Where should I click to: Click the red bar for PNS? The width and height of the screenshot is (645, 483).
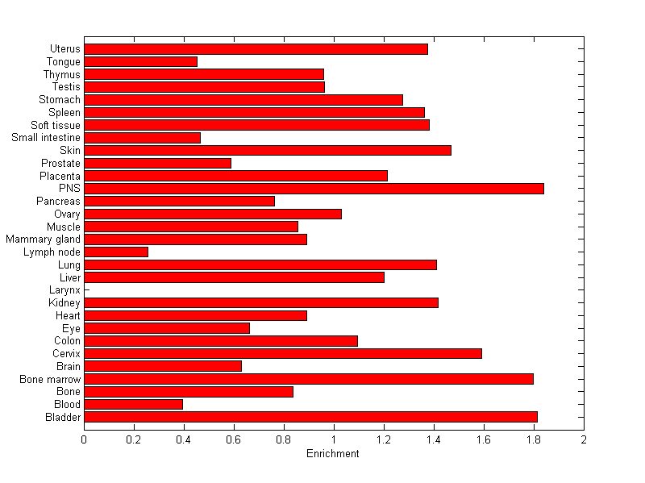[x=314, y=189]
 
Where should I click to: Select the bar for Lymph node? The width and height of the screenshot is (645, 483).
[x=116, y=252]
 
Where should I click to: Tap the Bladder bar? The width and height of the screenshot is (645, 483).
[x=310, y=417]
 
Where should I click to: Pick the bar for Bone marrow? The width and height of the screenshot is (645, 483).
[x=309, y=379]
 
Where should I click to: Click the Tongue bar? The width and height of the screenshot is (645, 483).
[x=140, y=61]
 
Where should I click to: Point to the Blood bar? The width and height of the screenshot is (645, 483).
[x=133, y=404]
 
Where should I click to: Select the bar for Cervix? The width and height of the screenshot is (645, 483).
[x=283, y=353]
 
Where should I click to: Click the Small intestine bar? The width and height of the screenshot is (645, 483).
[x=142, y=138]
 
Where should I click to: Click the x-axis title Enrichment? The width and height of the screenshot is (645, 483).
[x=333, y=454]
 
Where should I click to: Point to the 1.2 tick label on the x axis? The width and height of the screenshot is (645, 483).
[x=384, y=439]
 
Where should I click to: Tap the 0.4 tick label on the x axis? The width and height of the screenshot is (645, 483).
[x=184, y=439]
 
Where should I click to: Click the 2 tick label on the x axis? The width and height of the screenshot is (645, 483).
[x=583, y=439]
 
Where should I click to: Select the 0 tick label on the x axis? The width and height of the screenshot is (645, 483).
[x=84, y=439]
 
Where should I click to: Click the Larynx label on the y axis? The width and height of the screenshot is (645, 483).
[x=65, y=290]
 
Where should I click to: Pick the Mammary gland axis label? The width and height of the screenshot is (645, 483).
[x=43, y=239]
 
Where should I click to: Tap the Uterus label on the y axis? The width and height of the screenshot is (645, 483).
[x=64, y=49]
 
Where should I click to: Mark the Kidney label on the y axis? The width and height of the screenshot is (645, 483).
[x=64, y=303]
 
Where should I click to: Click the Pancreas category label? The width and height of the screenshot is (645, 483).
[x=58, y=201]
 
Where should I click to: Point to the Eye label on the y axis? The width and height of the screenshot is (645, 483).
[x=71, y=328]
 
